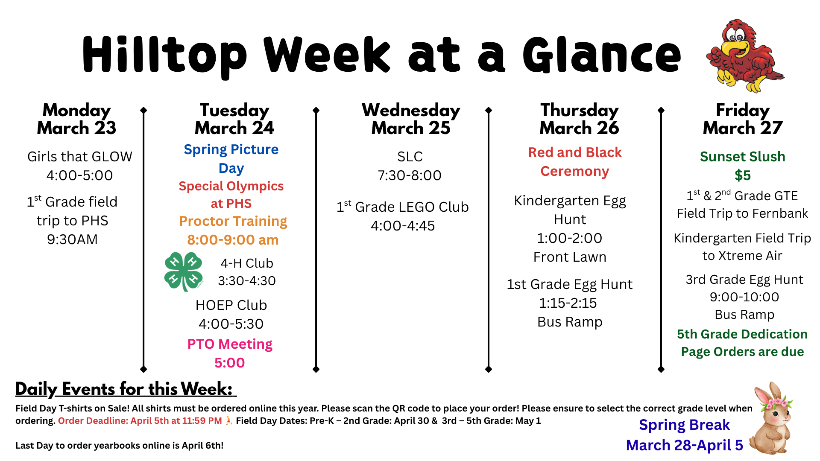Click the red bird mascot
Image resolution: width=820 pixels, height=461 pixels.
pyautogui.click(x=744, y=55)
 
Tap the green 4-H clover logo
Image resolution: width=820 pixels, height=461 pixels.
pyautogui.click(x=183, y=271)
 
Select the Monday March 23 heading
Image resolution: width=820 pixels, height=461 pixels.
pyautogui.click(x=76, y=119)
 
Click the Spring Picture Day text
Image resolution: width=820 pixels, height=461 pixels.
pyautogui.click(x=231, y=158)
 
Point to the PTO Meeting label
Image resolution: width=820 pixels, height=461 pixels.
pyautogui.click(x=230, y=344)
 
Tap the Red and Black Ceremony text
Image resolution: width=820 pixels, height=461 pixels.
pyautogui.click(x=575, y=162)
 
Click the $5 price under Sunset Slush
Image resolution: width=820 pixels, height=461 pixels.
pyautogui.click(x=743, y=175)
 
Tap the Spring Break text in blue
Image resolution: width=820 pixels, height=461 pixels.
pyautogui.click(x=684, y=425)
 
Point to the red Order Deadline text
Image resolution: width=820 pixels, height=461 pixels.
pyautogui.click(x=140, y=421)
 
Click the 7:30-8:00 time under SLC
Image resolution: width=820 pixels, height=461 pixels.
pyautogui.click(x=410, y=175)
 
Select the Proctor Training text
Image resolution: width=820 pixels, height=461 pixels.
pyautogui.click(x=233, y=221)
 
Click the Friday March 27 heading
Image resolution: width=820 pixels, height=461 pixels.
pyautogui.click(x=743, y=119)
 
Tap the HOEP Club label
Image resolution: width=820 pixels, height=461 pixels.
pyautogui.click(x=231, y=305)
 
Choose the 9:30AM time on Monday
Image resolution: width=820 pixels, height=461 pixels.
pyautogui.click(x=72, y=239)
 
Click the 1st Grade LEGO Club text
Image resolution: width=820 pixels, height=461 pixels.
pyautogui.click(x=403, y=207)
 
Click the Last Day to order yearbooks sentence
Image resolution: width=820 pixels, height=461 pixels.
pyautogui.click(x=120, y=446)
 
